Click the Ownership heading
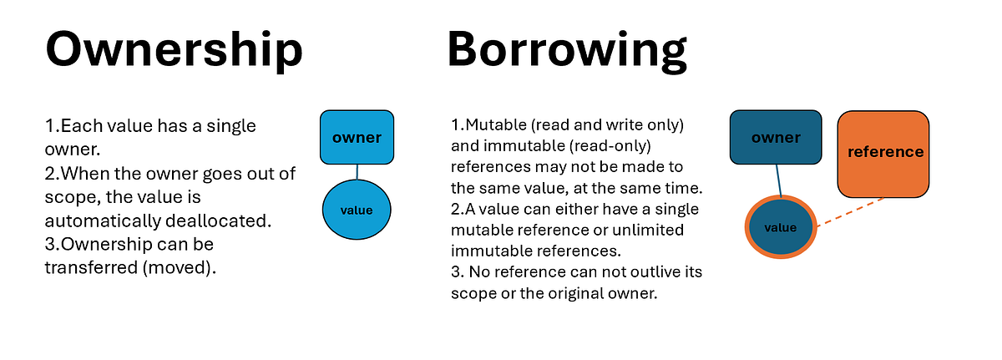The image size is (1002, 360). pyautogui.click(x=173, y=49)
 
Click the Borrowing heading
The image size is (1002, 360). pyautogui.click(x=568, y=49)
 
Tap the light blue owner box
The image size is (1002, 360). pyautogui.click(x=357, y=137)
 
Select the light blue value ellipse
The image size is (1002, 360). pyautogui.click(x=357, y=210)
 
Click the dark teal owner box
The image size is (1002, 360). pyautogui.click(x=776, y=138)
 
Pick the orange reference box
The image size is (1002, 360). pyautogui.click(x=885, y=152)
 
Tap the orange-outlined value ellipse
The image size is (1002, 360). pyautogui.click(x=781, y=227)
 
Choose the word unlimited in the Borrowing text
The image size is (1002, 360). pyautogui.click(x=648, y=229)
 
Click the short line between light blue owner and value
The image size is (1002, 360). pyautogui.click(x=357, y=172)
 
